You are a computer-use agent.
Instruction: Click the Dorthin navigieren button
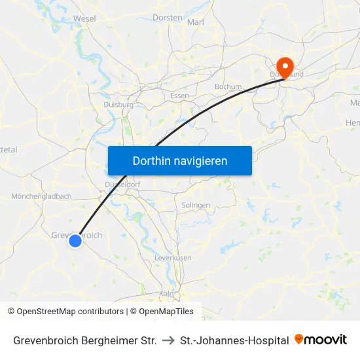click(x=180, y=160)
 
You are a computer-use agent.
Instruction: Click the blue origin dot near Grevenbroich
click(x=75, y=241)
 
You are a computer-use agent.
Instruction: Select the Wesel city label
click(x=85, y=19)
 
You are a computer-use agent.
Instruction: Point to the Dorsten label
click(x=167, y=18)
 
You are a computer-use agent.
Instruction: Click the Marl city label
click(x=196, y=22)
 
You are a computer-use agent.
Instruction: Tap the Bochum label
click(x=228, y=86)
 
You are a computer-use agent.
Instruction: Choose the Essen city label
click(x=179, y=96)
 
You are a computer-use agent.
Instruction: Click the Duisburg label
click(x=118, y=105)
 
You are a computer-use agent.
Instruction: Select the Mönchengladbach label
click(x=41, y=196)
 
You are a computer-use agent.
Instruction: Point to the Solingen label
click(x=196, y=205)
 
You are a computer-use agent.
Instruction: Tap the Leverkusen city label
click(x=173, y=258)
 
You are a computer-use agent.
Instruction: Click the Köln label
click(x=166, y=294)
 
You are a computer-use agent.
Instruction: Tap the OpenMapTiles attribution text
click(x=166, y=312)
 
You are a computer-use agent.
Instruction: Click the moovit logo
click(x=321, y=340)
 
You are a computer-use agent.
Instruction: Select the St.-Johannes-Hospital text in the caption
click(x=234, y=340)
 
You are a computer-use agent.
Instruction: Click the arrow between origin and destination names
click(x=168, y=340)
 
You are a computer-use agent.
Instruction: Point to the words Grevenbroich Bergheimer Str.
click(x=84, y=340)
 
